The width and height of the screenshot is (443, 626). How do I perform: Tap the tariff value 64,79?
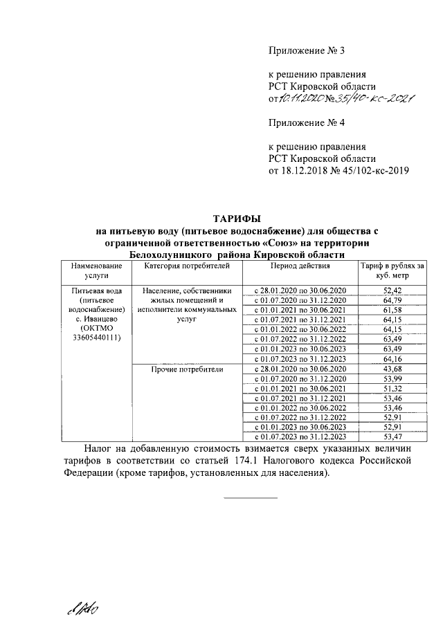point(392,301)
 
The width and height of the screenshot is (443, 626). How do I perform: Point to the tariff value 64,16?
point(392,359)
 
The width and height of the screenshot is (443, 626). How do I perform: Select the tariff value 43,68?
point(392,369)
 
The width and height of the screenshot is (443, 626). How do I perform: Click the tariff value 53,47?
point(392,436)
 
